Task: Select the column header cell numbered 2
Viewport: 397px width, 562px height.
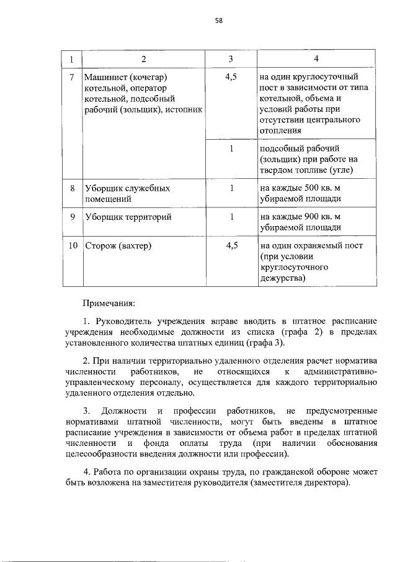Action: pos(143,59)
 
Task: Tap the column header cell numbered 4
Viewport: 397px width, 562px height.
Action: pos(316,59)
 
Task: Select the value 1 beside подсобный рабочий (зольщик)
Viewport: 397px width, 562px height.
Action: pos(231,149)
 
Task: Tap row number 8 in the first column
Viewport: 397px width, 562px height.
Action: pos(72,188)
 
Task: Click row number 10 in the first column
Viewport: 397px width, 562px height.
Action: pos(72,245)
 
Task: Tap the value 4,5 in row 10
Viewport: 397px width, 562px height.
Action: pos(232,245)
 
